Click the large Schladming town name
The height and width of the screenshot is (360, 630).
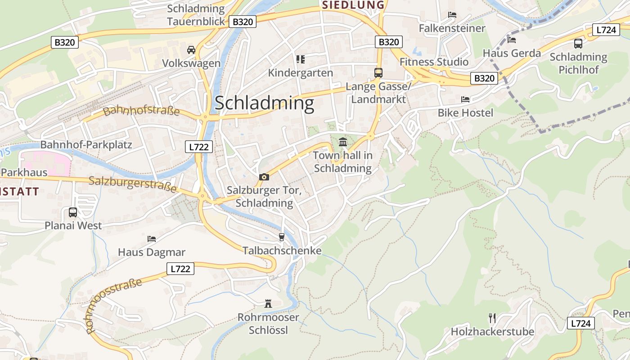pyautogui.click(x=264, y=103)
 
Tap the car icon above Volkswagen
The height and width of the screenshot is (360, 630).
pyautogui.click(x=191, y=49)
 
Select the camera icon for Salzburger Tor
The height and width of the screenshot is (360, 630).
pyautogui.click(x=264, y=177)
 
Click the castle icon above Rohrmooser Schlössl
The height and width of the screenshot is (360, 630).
pyautogui.click(x=268, y=304)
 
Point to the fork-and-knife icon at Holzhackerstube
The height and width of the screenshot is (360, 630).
pyautogui.click(x=492, y=318)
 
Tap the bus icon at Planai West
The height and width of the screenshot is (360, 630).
pyautogui.click(x=73, y=212)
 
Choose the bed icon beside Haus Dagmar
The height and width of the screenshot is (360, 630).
pyautogui.click(x=152, y=238)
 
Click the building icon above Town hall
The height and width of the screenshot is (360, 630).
pyautogui.click(x=343, y=142)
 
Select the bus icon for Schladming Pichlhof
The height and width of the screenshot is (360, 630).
pyautogui.click(x=578, y=44)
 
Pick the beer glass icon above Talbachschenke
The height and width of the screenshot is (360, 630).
pyautogui.click(x=282, y=237)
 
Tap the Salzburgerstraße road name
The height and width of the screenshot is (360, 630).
pyautogui.click(x=133, y=184)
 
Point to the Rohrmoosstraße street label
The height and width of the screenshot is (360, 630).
pyautogui.click(x=114, y=305)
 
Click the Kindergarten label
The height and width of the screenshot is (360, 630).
pyautogui.click(x=301, y=73)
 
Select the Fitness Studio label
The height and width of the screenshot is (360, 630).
pyautogui.click(x=434, y=62)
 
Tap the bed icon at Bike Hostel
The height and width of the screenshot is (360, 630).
pyautogui.click(x=465, y=99)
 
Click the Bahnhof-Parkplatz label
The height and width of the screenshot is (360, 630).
pyautogui.click(x=86, y=145)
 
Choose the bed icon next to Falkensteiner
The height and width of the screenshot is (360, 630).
pyautogui.click(x=452, y=15)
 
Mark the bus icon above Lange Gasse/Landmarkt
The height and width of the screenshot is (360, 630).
pyautogui.click(x=378, y=73)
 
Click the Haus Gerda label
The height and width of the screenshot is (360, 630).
pyautogui.click(x=512, y=53)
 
